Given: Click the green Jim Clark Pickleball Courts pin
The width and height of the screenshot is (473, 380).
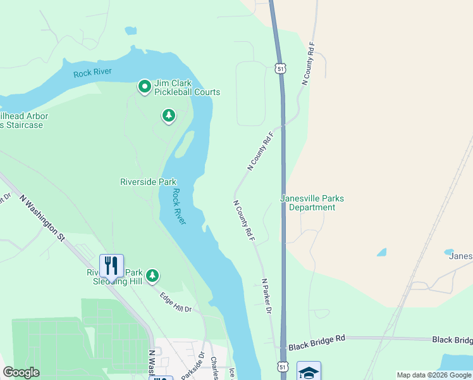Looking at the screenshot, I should pyautogui.click(x=144, y=86).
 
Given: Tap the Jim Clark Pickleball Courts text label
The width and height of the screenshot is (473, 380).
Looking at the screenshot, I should pyautogui.click(x=187, y=87).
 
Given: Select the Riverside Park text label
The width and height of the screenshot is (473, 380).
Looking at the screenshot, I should pyautogui.click(x=148, y=182).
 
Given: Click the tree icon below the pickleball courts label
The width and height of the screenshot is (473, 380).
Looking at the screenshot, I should pyautogui.click(x=168, y=115).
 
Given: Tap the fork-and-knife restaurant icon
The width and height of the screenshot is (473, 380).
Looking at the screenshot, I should pyautogui.click(x=111, y=265).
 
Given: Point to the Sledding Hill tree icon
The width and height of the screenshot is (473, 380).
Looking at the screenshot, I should pyautogui.click(x=152, y=276).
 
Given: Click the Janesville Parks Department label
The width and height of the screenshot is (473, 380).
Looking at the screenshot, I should pyautogui.click(x=312, y=203).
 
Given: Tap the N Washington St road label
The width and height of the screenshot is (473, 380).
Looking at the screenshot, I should pyautogui.click(x=42, y=218).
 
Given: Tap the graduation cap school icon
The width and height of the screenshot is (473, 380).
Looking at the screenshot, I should pyautogui.click(x=309, y=372).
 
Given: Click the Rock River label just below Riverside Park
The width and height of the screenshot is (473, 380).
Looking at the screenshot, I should pyautogui.click(x=179, y=207).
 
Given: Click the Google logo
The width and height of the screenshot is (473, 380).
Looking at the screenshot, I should pyautogui.click(x=21, y=372).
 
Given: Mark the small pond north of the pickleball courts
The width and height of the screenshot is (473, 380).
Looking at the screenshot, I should pyautogui.click(x=130, y=30).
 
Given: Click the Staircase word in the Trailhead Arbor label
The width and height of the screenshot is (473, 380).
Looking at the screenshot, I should pyautogui.click(x=24, y=125).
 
